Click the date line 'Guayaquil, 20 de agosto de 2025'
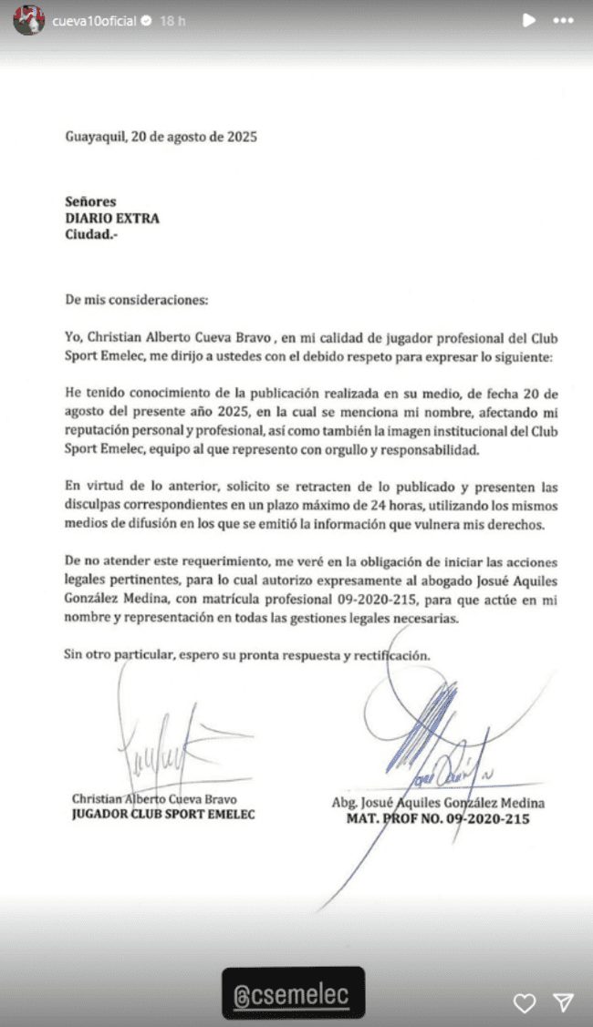pyautogui.click(x=161, y=138)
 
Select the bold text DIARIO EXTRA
pyautogui.click(x=112, y=218)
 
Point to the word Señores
pyautogui.click(x=91, y=201)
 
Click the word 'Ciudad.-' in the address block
pyautogui.click(x=92, y=234)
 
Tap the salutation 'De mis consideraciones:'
pyautogui.click(x=136, y=299)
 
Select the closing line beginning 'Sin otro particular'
pyautogui.click(x=246, y=654)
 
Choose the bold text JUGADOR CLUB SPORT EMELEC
pyautogui.click(x=163, y=815)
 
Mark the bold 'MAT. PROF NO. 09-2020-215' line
pyautogui.click(x=439, y=819)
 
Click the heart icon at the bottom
pyautogui.click(x=525, y=1003)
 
